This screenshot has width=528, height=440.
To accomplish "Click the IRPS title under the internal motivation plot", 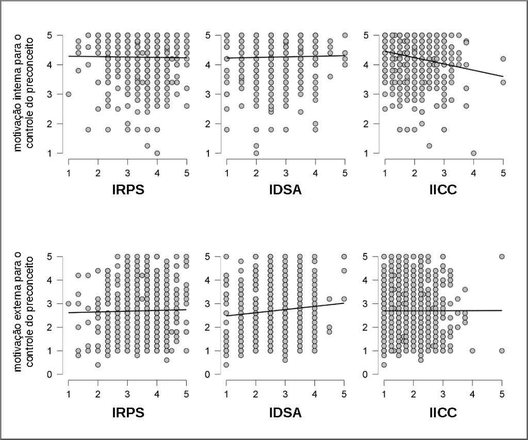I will click(127, 190).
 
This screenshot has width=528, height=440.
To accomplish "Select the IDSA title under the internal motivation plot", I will click(285, 190).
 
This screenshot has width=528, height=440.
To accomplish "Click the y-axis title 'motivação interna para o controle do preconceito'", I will click(23, 94).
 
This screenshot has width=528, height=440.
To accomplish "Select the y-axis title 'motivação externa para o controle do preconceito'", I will click(23, 315).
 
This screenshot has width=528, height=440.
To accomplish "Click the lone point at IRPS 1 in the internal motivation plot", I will click(69, 94).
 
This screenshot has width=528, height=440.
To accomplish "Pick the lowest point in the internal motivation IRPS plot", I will click(157, 153).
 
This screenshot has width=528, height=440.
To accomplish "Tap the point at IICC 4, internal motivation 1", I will click(473, 153).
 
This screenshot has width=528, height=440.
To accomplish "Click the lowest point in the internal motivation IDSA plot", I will click(256, 153).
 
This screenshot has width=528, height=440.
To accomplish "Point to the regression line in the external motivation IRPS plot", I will click(127, 311).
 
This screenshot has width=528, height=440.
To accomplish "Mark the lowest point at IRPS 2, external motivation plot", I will click(98, 365).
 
